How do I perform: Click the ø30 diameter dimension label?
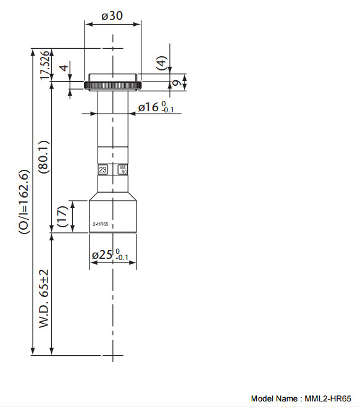112,16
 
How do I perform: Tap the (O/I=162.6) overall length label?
23,201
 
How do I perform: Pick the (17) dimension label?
62,217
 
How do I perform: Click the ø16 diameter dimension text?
148,107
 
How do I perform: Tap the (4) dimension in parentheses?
162,62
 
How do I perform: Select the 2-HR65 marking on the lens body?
100,225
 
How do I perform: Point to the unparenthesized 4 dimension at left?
62,69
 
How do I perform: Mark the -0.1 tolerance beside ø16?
167,111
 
